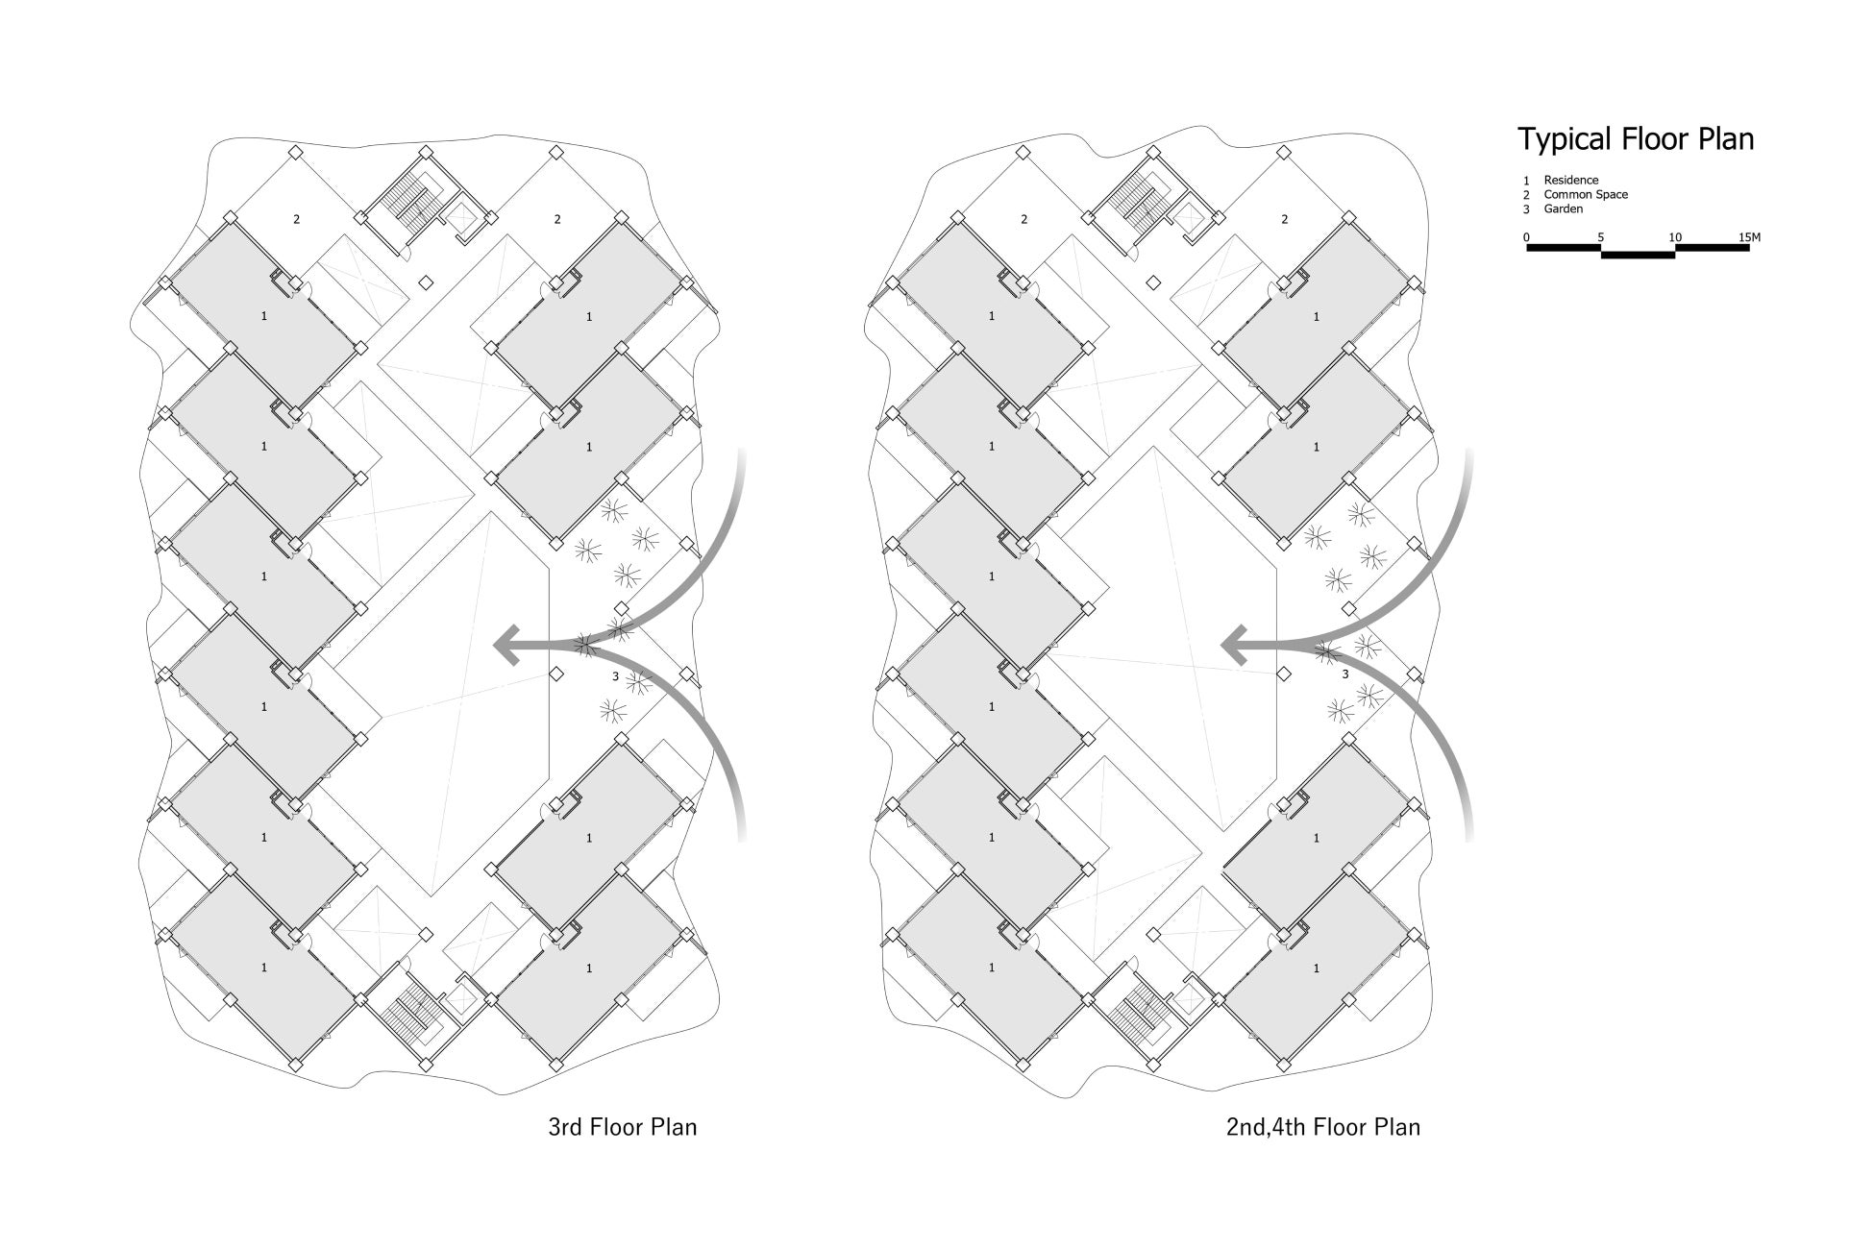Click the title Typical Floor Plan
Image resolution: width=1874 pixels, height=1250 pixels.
[x=1636, y=139]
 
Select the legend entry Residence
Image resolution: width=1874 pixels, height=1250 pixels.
[x=1570, y=180]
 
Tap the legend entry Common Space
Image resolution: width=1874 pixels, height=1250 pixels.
[x=1586, y=194]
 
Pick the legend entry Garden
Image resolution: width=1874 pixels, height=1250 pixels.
[x=1563, y=208]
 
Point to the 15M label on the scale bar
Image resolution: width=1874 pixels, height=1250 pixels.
[x=1749, y=237]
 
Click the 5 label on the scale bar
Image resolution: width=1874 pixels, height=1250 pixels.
[x=1600, y=237]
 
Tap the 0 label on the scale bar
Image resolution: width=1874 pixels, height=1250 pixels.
[x=1526, y=237]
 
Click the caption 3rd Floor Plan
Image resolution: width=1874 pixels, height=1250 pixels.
[x=622, y=1126]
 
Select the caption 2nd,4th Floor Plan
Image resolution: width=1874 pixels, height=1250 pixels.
[x=1322, y=1126]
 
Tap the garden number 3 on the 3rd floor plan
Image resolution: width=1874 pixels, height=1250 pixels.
[x=615, y=676]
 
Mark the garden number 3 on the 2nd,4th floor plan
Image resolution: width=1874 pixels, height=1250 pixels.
[x=1344, y=674]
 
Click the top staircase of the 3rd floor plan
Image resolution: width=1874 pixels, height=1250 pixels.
[x=411, y=202]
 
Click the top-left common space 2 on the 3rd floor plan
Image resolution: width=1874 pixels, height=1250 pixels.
[x=296, y=219]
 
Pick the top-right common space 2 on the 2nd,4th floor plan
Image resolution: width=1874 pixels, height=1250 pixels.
[x=1285, y=219]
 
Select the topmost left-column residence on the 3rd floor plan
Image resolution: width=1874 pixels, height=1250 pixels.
[x=264, y=315]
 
